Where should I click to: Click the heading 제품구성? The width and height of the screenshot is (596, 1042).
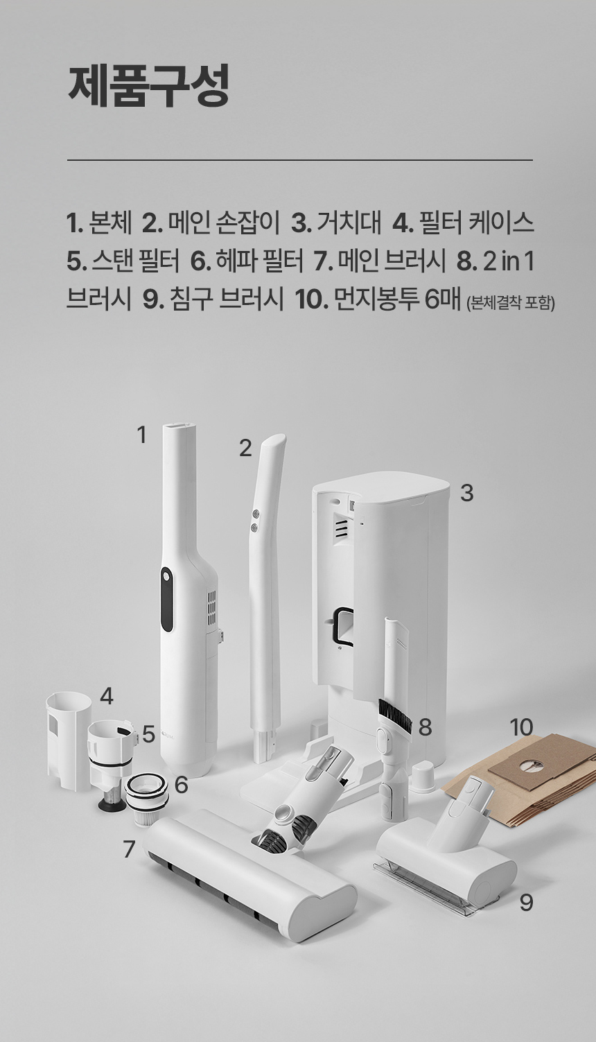tap(148, 86)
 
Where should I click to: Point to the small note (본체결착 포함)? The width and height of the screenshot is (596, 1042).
tap(511, 303)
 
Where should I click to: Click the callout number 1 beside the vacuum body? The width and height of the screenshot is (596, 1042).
tap(142, 435)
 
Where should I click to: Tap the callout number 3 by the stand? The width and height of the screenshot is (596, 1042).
tap(466, 493)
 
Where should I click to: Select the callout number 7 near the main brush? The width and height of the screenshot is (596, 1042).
tap(129, 849)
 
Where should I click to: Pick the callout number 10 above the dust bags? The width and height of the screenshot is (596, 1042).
tap(521, 727)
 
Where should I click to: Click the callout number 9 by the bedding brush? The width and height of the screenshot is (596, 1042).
tap(526, 902)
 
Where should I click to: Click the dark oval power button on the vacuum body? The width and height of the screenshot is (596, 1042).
tap(166, 599)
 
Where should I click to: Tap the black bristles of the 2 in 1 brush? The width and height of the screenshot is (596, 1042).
tap(396, 715)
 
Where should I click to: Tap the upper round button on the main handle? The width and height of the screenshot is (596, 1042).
tap(254, 514)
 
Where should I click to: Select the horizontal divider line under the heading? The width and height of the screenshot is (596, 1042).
tap(299, 160)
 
